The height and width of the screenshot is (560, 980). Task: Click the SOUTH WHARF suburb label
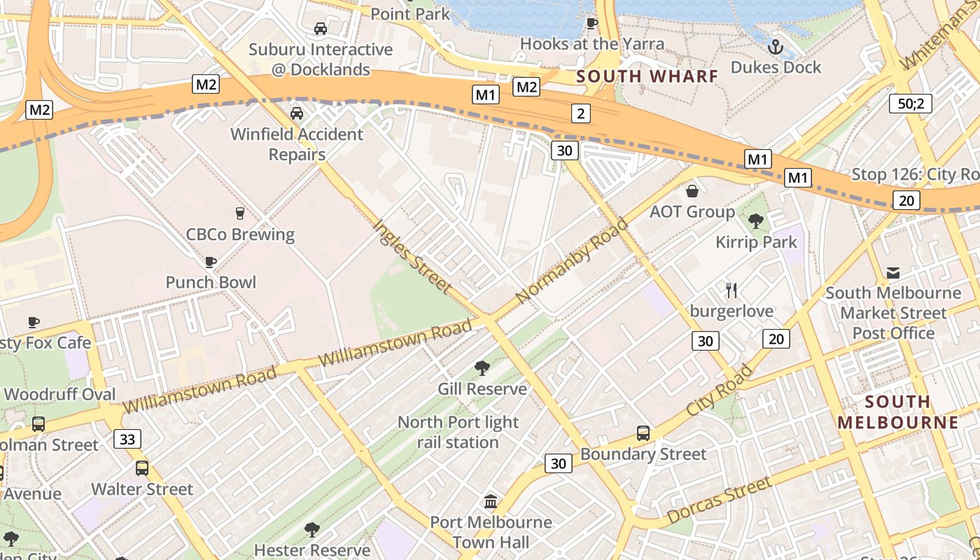[x=647, y=76]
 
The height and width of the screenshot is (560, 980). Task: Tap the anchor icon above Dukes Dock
[x=775, y=48]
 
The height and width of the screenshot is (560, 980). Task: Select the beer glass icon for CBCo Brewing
[x=240, y=213]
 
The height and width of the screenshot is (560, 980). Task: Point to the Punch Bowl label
[x=211, y=282]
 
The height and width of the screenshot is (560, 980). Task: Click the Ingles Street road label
[x=412, y=256]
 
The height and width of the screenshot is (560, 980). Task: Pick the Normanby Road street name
[x=572, y=261]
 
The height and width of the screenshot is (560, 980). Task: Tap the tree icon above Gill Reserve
[x=482, y=368]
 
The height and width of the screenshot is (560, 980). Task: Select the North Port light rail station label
[x=458, y=432]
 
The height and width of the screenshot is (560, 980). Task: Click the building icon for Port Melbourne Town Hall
[x=491, y=502]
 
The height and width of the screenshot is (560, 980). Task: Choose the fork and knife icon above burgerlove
[x=731, y=290]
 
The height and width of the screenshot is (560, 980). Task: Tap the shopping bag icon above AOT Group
[x=692, y=191]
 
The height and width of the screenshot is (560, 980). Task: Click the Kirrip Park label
[x=756, y=242]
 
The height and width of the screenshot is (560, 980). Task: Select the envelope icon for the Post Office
[x=893, y=272]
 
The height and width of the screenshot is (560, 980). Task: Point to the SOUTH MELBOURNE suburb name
[x=897, y=412]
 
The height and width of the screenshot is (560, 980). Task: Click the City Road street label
[x=719, y=390]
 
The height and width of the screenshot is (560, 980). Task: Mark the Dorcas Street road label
[x=719, y=500]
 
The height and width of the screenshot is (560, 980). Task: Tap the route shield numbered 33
[x=127, y=439]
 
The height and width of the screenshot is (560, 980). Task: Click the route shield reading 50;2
[x=911, y=104]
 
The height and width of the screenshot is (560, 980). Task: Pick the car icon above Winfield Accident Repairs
[x=297, y=113]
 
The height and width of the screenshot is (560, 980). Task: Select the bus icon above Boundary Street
[x=643, y=433]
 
